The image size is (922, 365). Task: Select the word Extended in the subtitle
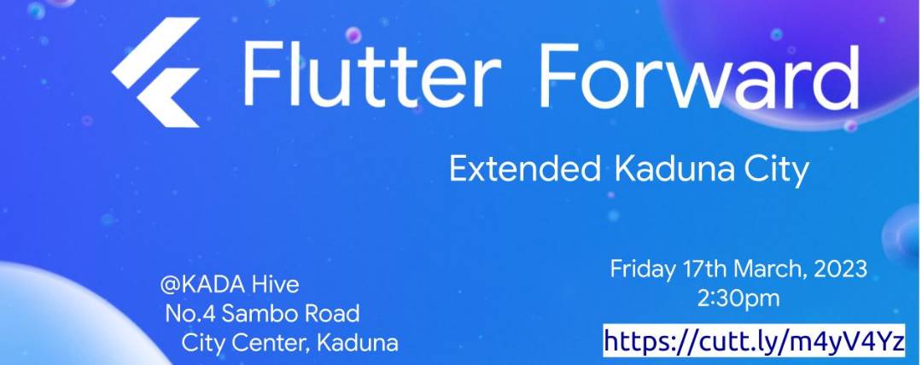pyautogui.click(x=524, y=170)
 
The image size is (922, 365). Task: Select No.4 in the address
pyautogui.click(x=189, y=313)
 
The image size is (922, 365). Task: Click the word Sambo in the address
pyautogui.click(x=256, y=313)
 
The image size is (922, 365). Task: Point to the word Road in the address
pyautogui.click(x=329, y=313)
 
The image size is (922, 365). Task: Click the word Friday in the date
pyautogui.click(x=640, y=269)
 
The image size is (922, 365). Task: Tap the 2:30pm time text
pyautogui.click(x=738, y=298)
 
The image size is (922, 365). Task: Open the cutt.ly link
pyautogui.click(x=754, y=341)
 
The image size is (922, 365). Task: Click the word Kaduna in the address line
pyautogui.click(x=357, y=343)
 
